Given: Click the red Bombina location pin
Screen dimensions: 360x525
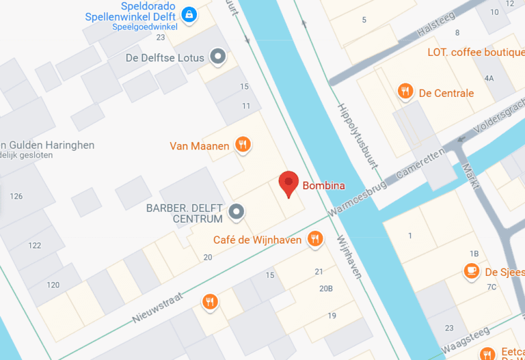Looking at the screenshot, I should [x=289, y=183].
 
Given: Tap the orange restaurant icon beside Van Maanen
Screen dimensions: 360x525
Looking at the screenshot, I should [x=242, y=144].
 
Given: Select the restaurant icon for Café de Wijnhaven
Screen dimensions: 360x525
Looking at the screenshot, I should [x=314, y=238].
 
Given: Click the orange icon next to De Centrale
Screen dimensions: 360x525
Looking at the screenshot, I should [x=405, y=92].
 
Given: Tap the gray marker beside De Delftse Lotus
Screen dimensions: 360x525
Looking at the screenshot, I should [x=218, y=57].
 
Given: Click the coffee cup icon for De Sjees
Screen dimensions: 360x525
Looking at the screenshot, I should [x=471, y=271].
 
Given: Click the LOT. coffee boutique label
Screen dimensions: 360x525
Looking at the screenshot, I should [x=474, y=53].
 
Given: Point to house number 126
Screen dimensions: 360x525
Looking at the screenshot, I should [x=16, y=196].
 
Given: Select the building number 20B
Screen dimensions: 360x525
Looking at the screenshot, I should [x=325, y=288].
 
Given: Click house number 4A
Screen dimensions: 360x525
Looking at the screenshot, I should [x=489, y=79].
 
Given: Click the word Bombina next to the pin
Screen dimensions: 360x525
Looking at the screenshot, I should [x=323, y=185].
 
